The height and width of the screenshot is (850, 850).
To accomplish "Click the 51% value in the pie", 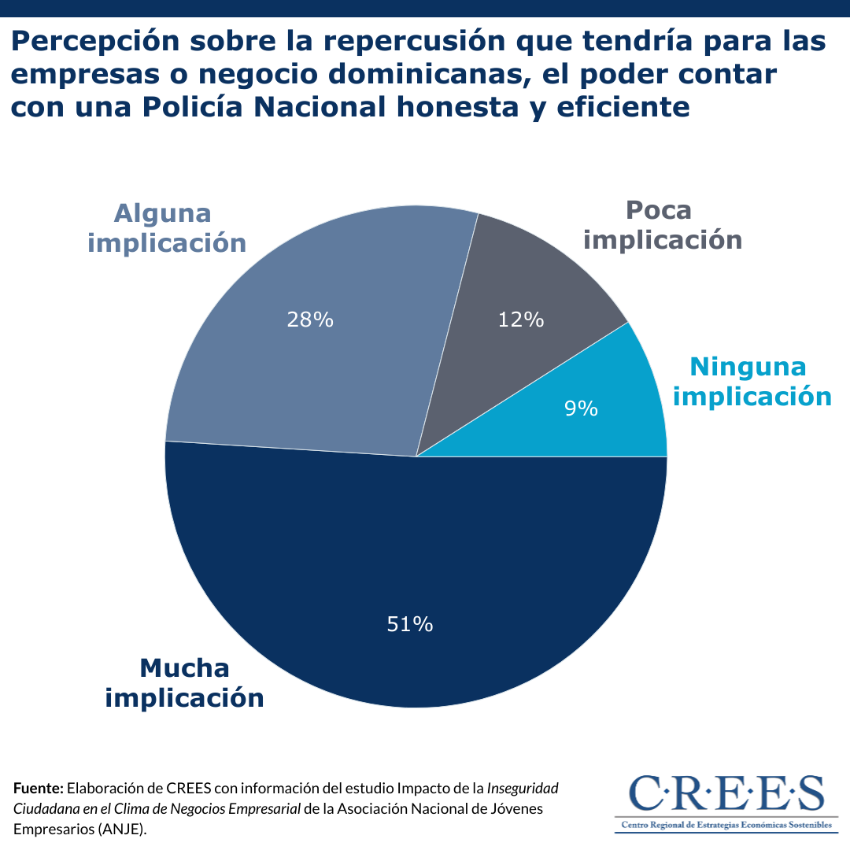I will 410,624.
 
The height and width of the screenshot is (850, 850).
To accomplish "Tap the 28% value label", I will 310,320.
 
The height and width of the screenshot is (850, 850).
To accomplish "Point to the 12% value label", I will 521,320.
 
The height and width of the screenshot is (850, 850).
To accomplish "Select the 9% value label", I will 581,408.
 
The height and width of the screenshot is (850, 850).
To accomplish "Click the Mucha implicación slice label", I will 184,682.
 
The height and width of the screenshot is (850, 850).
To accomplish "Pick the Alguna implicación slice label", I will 167,228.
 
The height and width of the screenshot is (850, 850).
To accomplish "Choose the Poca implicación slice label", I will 662,224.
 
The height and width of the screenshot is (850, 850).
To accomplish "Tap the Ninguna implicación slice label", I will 751,381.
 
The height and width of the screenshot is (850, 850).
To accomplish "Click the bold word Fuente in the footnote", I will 38,788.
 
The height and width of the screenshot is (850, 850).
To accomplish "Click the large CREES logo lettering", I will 726,793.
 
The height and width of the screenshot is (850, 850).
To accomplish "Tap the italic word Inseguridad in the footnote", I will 523,788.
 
